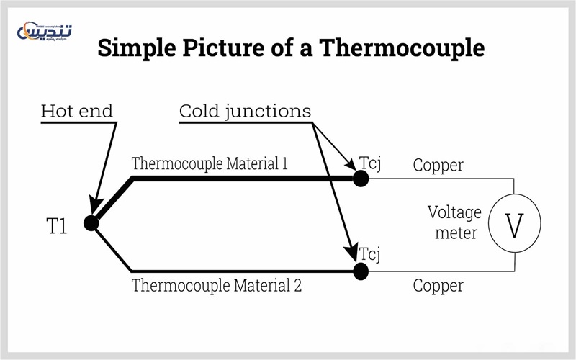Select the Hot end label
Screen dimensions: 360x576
tap(77, 112)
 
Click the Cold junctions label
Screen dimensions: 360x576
tap(245, 112)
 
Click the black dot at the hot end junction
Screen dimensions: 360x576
tap(91, 223)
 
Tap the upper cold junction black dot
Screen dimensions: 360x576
tap(361, 179)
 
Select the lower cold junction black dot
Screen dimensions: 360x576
tap(361, 271)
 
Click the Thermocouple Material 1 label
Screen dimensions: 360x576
tap(210, 163)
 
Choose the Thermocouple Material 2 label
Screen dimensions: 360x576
tap(216, 285)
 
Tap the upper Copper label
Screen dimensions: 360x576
tap(438, 166)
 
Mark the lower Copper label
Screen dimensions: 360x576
tap(438, 286)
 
